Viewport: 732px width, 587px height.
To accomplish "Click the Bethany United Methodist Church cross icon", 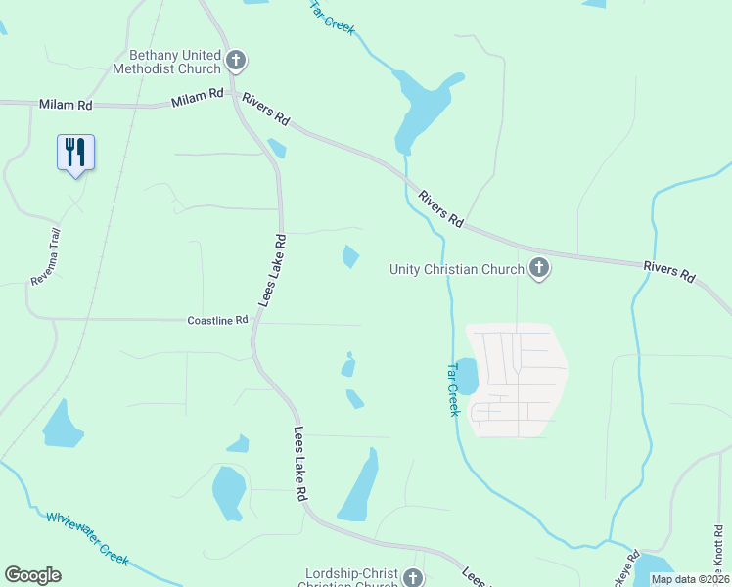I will (x=235, y=61).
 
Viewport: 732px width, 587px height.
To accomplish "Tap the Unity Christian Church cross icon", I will (x=538, y=268).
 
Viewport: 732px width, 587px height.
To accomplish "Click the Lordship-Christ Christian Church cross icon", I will (x=414, y=577).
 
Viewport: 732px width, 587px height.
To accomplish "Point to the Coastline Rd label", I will (x=218, y=320).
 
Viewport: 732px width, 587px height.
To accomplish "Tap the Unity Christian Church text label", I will (x=456, y=269).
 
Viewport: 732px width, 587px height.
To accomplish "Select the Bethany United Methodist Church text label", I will (x=175, y=62).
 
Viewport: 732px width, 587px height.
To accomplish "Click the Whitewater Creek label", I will (x=87, y=537).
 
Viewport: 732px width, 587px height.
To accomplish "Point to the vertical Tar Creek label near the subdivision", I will (x=453, y=389).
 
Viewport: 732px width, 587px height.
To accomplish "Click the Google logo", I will (x=32, y=574).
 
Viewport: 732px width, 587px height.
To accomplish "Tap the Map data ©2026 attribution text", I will (x=690, y=579).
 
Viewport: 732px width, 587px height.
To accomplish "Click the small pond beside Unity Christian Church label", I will (x=350, y=257).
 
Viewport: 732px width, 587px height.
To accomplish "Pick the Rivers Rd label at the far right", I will (x=668, y=271).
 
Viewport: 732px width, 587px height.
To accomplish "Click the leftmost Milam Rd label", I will (x=66, y=104).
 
